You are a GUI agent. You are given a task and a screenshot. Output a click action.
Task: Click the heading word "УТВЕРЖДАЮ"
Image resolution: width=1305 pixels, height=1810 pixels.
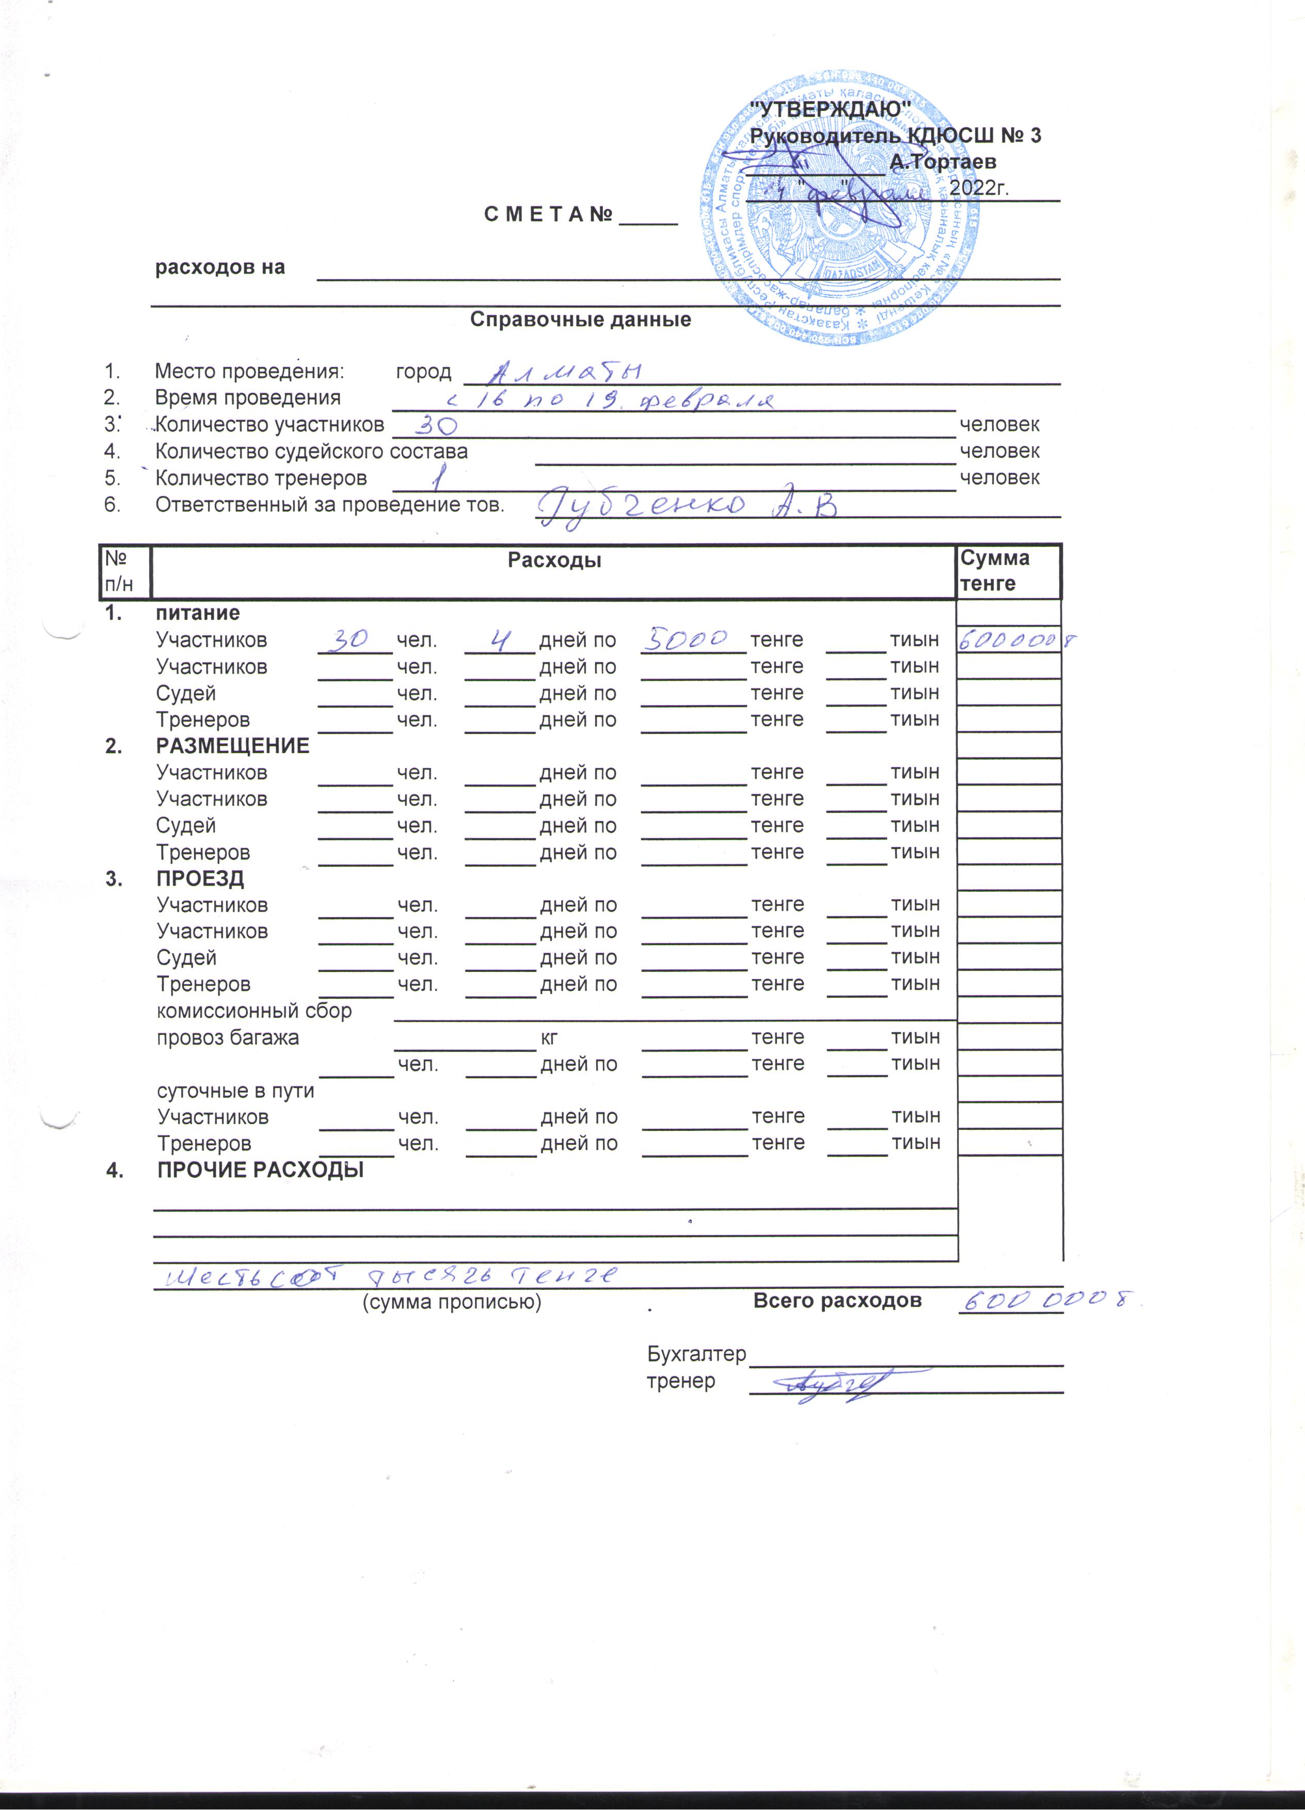pyautogui.click(x=832, y=108)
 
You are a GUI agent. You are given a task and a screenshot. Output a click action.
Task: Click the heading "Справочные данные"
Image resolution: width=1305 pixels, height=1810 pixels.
pyautogui.click(x=580, y=320)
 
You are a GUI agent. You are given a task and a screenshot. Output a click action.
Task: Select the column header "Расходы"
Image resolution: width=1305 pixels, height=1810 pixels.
pyautogui.click(x=554, y=560)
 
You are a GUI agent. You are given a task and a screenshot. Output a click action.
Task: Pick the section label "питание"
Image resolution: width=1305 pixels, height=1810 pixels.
pyautogui.click(x=197, y=613)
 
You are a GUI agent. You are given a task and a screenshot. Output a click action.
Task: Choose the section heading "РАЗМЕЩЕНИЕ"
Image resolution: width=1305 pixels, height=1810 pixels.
pyautogui.click(x=232, y=746)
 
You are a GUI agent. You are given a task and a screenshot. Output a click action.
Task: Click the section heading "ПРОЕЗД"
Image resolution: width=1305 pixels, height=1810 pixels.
pyautogui.click(x=200, y=878)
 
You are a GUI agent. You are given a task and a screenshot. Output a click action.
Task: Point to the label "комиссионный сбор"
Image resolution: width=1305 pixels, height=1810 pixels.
pyautogui.click(x=254, y=1011)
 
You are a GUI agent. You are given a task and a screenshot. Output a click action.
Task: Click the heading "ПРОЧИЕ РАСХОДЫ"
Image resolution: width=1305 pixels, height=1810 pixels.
pyautogui.click(x=260, y=1170)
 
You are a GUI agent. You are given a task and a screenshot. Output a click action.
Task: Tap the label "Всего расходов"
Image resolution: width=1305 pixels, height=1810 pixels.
pyautogui.click(x=837, y=1301)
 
